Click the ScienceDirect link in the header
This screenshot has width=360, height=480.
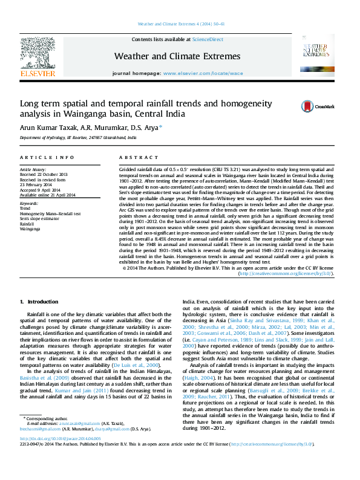208,39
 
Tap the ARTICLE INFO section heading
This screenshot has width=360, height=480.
47,157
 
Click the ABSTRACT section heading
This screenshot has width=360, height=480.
134,157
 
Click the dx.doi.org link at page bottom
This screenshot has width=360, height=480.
57,455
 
